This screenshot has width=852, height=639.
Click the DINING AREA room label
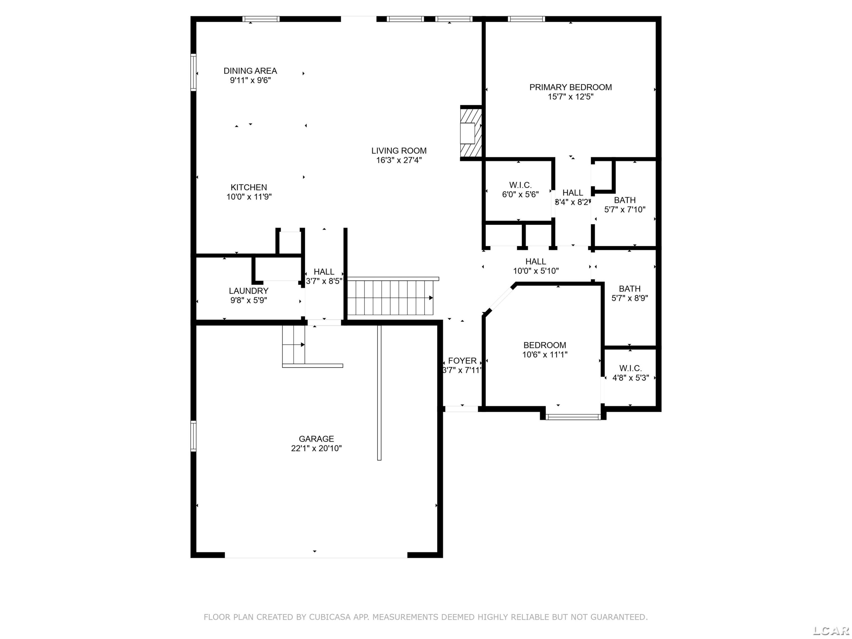pos(250,71)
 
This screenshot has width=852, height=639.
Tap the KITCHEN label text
pos(249,187)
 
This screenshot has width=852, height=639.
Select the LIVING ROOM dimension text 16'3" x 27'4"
pos(399,160)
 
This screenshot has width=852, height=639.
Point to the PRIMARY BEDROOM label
pos(571,87)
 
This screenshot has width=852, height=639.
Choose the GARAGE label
pos(316,439)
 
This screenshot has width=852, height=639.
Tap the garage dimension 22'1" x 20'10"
pos(316,448)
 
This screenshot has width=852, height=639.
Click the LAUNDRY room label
pos(248,291)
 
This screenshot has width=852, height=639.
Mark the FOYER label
pos(462,361)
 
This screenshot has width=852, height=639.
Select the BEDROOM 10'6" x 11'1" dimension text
pos(545,355)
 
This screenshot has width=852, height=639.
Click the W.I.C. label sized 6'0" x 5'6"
pos(520,185)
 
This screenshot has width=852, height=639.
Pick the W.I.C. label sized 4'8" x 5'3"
pos(630,369)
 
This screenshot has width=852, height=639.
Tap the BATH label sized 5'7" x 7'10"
pos(625,200)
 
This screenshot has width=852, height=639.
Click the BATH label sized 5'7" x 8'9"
pos(630,289)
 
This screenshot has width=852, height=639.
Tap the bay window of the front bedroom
pos(573,416)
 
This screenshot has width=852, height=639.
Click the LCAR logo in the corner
pos(831,630)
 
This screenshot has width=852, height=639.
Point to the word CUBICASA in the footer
pos(330,617)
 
